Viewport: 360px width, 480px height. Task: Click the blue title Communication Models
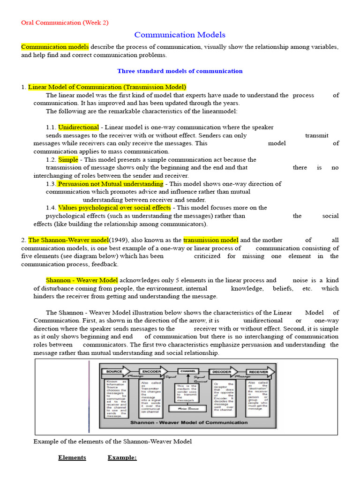point(180,35)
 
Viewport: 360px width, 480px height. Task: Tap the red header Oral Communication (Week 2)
point(65,22)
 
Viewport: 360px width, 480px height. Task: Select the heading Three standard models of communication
point(180,71)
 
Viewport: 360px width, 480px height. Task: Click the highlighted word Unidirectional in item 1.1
point(78,127)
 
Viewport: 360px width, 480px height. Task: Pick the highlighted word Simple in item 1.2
point(68,160)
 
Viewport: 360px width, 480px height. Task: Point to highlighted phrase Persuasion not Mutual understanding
point(111,184)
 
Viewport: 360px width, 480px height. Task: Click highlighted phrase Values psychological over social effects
point(114,208)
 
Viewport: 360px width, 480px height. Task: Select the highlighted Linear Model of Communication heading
point(107,87)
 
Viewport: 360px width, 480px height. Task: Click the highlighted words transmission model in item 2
point(210,240)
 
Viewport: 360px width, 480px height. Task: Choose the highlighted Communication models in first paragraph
point(55,47)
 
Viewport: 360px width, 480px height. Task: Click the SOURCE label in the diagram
point(114,371)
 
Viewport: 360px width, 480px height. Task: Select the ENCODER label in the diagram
point(151,371)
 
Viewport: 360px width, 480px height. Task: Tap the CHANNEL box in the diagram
point(187,371)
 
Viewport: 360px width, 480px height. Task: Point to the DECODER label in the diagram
point(222,371)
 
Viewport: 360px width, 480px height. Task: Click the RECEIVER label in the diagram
point(258,371)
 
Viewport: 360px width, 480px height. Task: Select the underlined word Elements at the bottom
point(72,457)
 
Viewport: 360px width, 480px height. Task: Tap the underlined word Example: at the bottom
point(122,457)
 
